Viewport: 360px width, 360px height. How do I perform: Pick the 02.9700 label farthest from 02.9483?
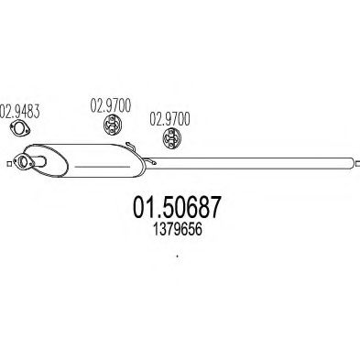point(170,118)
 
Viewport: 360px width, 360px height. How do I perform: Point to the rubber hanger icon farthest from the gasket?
point(170,138)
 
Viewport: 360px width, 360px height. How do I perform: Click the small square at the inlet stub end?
point(9,165)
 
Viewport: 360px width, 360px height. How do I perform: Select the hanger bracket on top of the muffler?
point(132,146)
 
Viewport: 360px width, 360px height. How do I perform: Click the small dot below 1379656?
point(177,256)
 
